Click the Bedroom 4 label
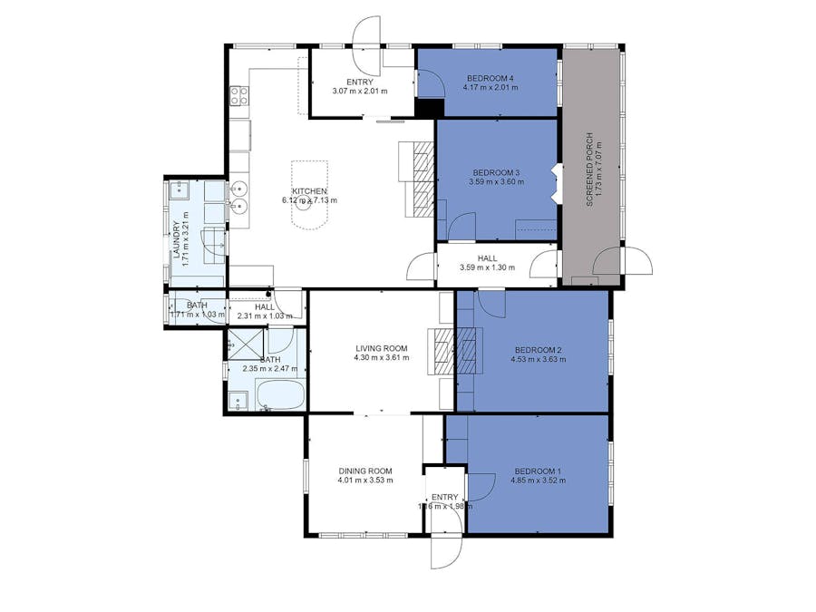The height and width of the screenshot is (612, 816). (x=490, y=77)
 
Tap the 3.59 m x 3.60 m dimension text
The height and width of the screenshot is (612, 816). (x=494, y=182)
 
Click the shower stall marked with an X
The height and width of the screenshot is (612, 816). (x=245, y=343)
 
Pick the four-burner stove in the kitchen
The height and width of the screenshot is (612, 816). (x=238, y=94)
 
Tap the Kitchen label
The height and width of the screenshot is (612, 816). (x=309, y=190)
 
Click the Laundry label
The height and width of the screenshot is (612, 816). (x=177, y=243)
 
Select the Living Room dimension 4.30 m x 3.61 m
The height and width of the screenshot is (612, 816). (x=382, y=357)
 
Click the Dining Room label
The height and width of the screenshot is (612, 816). (x=365, y=471)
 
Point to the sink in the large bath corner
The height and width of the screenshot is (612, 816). (x=238, y=399)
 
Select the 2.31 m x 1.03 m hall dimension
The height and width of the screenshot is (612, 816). (x=264, y=316)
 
